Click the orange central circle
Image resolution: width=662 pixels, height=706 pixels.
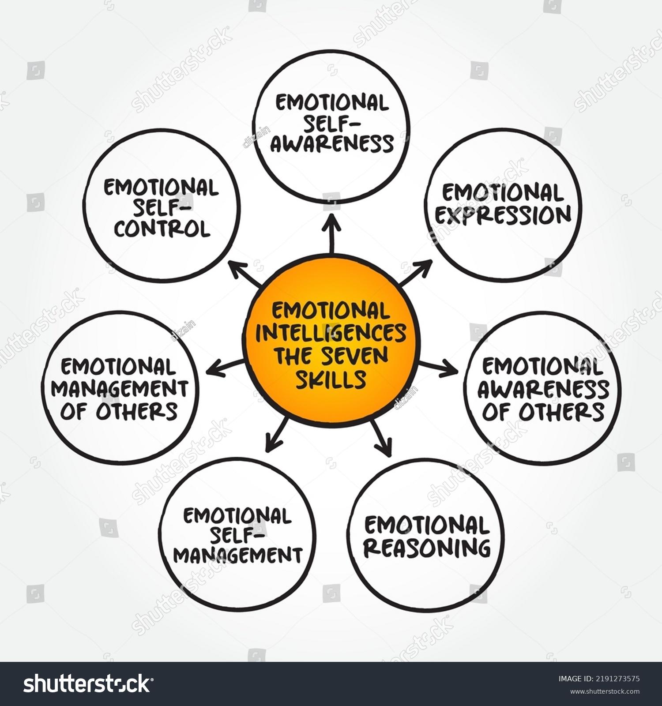coord(331,344)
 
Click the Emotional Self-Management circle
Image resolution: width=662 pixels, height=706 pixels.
coord(238,536)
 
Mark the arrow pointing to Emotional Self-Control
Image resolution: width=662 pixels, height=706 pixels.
coord(245,274)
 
